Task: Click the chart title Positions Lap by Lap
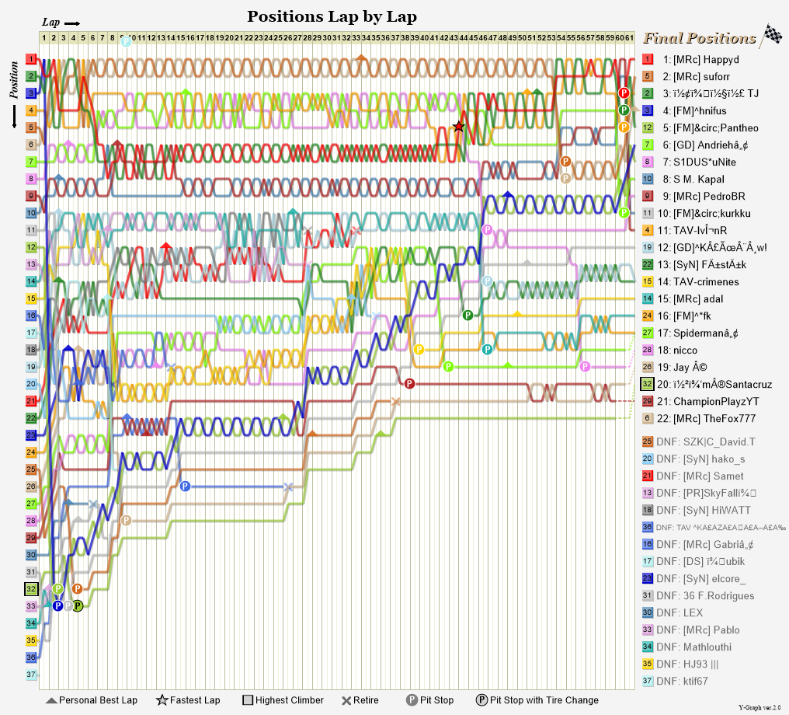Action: [332, 16]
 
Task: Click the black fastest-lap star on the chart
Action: [459, 127]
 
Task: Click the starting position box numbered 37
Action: [31, 675]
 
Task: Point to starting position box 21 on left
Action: [31, 401]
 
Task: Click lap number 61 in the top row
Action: [631, 37]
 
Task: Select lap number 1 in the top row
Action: [44, 37]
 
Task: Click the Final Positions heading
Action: [700, 38]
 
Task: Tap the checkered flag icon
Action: [771, 35]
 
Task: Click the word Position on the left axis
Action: [13, 81]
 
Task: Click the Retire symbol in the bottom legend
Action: [346, 700]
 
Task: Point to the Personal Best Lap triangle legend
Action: [52, 700]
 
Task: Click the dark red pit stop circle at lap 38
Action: [409, 384]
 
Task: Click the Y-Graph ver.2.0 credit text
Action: [761, 708]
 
